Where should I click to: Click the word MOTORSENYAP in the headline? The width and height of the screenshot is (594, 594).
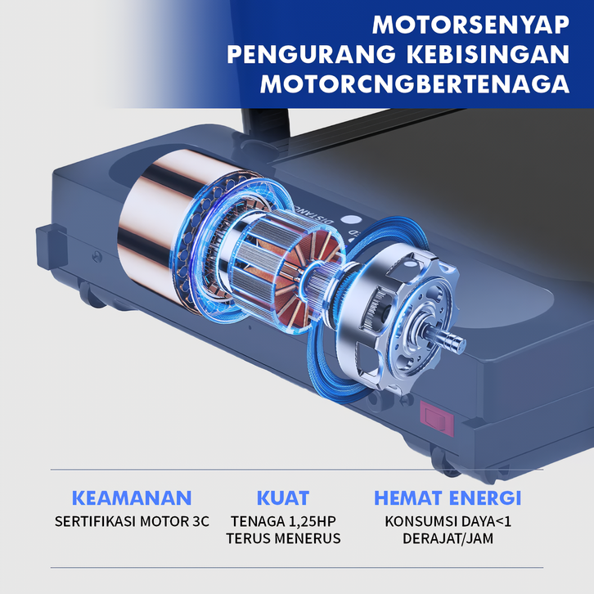coord(471,25)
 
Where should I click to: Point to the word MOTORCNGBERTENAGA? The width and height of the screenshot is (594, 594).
coord(415,83)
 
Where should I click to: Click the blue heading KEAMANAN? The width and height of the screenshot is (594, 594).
coord(132,497)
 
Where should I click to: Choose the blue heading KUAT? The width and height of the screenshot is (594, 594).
coord(283,497)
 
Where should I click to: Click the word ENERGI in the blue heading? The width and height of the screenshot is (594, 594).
coord(480,497)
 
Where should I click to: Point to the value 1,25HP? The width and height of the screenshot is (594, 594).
coord(313,522)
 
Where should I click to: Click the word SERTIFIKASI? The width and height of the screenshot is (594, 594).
coord(96,522)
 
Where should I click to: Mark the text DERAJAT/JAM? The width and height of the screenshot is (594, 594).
coord(448,538)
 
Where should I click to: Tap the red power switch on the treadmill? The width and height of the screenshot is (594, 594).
coord(437,418)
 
